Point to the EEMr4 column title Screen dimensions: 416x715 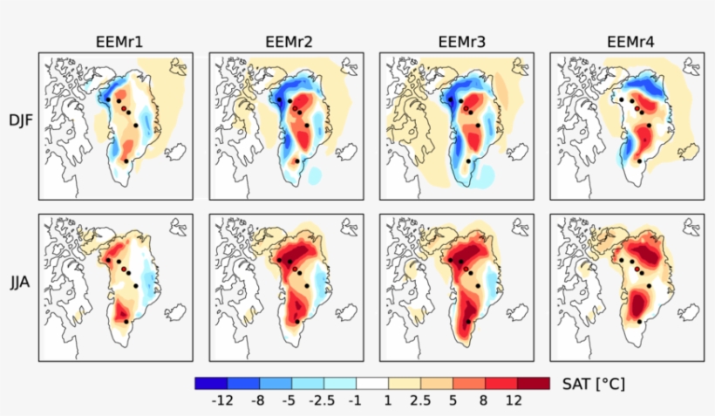pyautogui.click(x=626, y=41)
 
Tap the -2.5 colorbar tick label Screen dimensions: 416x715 pyautogui.click(x=323, y=400)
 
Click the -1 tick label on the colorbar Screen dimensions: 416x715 pyautogui.click(x=357, y=400)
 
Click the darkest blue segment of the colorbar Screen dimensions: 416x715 pyautogui.click(x=210, y=383)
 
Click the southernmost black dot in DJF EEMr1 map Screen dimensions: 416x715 pyautogui.click(x=127, y=161)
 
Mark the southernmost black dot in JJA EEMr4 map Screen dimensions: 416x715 pyautogui.click(x=639, y=322)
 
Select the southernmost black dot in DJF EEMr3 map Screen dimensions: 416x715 pyautogui.click(x=468, y=161)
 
